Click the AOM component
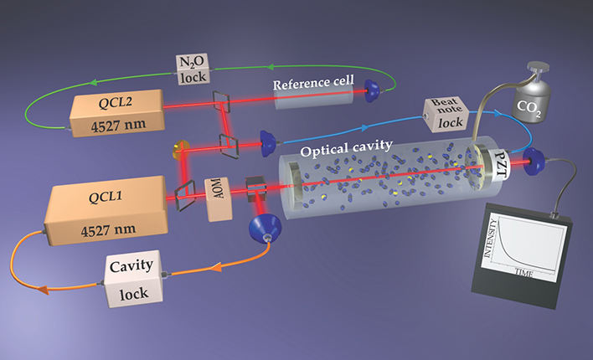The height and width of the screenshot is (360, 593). [x=220, y=199]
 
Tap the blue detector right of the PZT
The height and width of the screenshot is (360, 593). [x=531, y=162]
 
